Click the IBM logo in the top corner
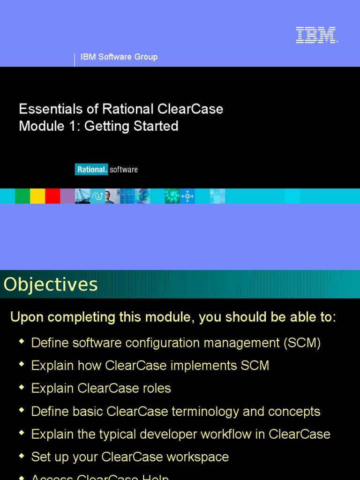[316, 35]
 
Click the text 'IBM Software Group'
[119, 57]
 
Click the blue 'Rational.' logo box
[91, 170]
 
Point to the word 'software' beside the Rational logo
[124, 170]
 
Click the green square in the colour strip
[22, 196]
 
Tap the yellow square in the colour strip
[37, 196]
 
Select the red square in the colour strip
[52, 196]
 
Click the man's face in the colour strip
[108, 196]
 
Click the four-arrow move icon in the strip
[187, 196]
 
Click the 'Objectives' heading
[51, 285]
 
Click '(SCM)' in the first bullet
[302, 343]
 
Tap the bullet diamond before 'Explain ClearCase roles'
[21, 388]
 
